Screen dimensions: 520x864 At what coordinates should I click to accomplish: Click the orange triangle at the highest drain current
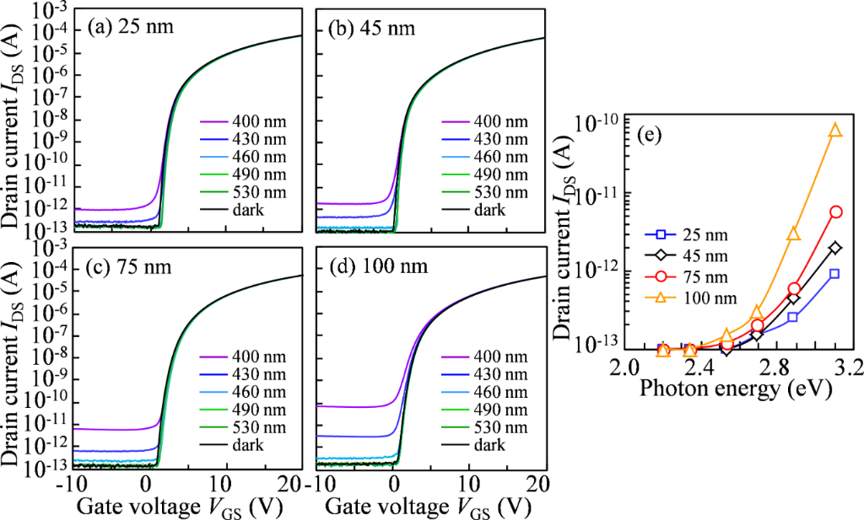tap(835, 131)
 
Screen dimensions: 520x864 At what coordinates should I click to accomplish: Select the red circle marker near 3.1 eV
tap(835, 212)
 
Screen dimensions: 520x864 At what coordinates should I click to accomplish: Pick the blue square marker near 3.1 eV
tap(834, 273)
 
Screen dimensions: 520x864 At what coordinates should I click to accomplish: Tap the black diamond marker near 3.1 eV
tap(835, 248)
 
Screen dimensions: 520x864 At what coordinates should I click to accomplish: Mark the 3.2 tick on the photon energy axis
tap(832, 368)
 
